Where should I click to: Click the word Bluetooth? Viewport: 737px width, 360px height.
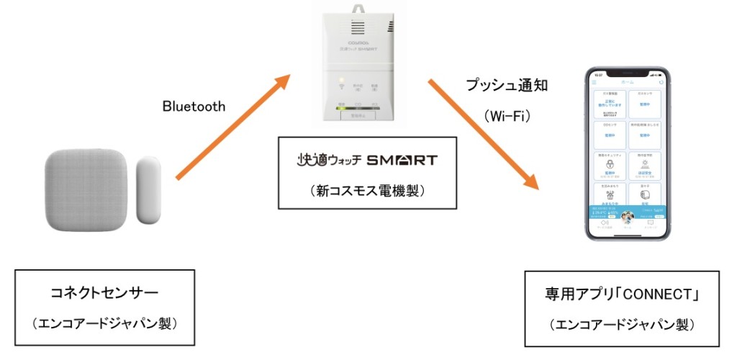(x=194, y=107)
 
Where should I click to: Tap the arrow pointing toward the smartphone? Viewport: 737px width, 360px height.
(x=483, y=133)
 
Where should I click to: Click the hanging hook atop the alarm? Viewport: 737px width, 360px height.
(x=358, y=9)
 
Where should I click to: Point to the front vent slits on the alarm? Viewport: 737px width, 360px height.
(x=358, y=29)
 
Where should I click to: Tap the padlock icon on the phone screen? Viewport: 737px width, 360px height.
(x=610, y=164)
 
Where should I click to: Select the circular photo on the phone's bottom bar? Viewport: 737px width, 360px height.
(x=627, y=217)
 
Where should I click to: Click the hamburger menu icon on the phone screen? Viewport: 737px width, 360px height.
(x=594, y=83)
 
